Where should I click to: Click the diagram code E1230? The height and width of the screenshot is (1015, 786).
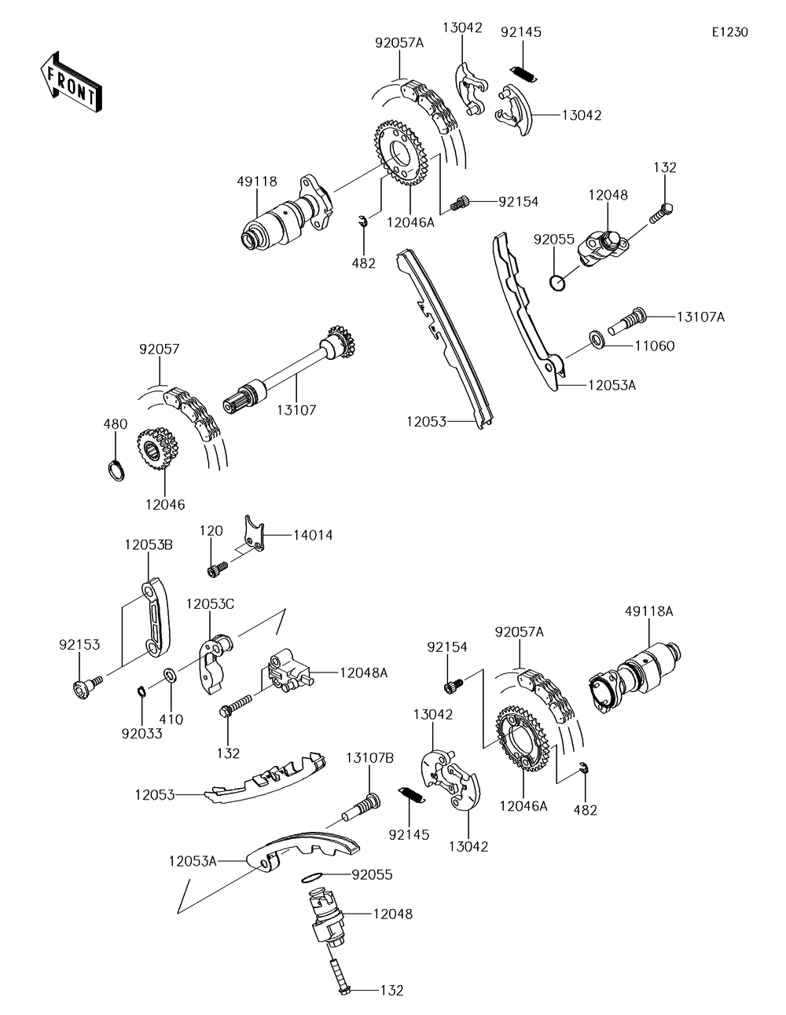[x=730, y=32]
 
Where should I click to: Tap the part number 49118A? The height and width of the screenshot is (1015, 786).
[x=649, y=611]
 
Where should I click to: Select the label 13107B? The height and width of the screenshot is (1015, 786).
[x=369, y=757]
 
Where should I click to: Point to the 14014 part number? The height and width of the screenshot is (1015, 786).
[x=313, y=535]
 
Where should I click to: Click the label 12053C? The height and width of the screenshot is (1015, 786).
[x=210, y=604]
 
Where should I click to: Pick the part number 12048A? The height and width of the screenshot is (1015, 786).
[x=364, y=673]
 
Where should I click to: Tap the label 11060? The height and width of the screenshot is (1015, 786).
[x=654, y=346]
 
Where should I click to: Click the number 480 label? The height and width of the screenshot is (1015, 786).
[x=116, y=424]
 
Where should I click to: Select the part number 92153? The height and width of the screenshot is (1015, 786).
[x=79, y=645]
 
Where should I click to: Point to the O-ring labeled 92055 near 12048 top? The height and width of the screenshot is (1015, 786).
[x=556, y=283]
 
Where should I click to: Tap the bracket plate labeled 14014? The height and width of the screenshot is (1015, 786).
[x=255, y=533]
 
